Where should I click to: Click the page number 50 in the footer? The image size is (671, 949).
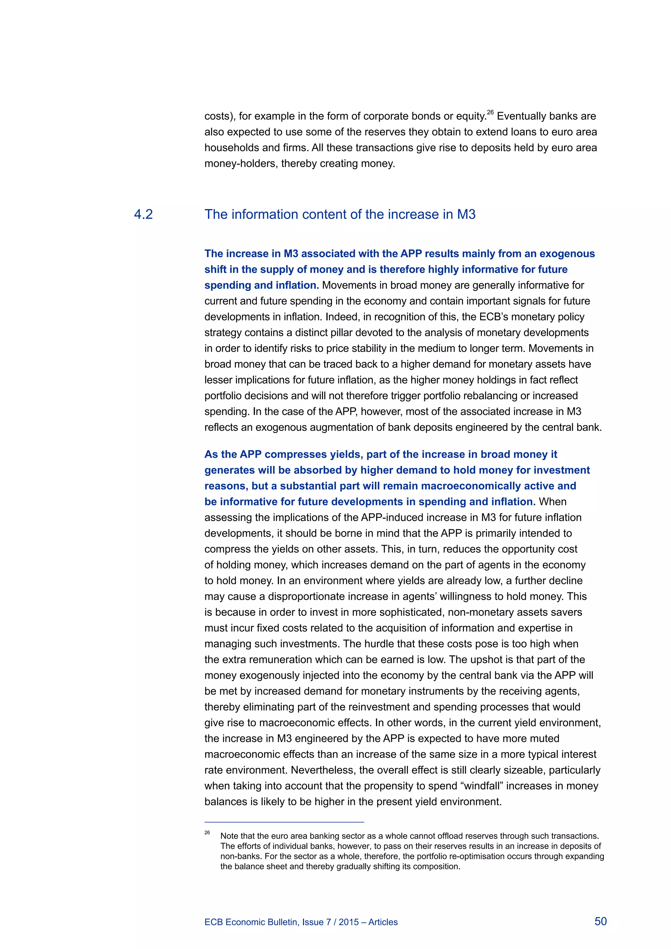pyautogui.click(x=600, y=921)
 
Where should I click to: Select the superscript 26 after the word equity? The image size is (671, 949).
pyautogui.click(x=490, y=112)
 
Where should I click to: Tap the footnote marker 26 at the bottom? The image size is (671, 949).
pyautogui.click(x=207, y=832)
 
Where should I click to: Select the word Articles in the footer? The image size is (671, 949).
pyautogui.click(x=383, y=922)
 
